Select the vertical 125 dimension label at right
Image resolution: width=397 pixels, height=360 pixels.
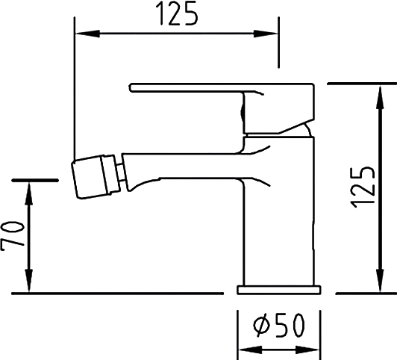[x=362, y=187]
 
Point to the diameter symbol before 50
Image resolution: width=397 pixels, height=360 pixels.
[x=263, y=326]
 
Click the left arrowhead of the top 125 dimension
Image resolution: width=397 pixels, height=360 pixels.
[x=87, y=33]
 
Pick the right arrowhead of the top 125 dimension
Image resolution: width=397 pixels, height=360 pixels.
[x=266, y=34]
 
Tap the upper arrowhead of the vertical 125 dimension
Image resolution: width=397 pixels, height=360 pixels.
[x=380, y=98]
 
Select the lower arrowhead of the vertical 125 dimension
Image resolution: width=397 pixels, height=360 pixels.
[x=380, y=279]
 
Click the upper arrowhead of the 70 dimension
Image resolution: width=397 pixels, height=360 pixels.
[x=29, y=193]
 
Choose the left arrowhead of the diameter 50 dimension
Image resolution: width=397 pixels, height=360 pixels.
[x=251, y=350]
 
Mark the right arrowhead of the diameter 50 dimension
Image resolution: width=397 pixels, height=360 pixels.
[x=307, y=350]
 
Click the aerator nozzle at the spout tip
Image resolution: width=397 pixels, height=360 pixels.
[x=96, y=176]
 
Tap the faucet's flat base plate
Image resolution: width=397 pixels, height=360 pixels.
[x=279, y=290]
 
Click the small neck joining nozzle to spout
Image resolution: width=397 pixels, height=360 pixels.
[x=122, y=173]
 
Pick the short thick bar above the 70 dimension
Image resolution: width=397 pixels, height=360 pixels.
[x=36, y=181]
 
